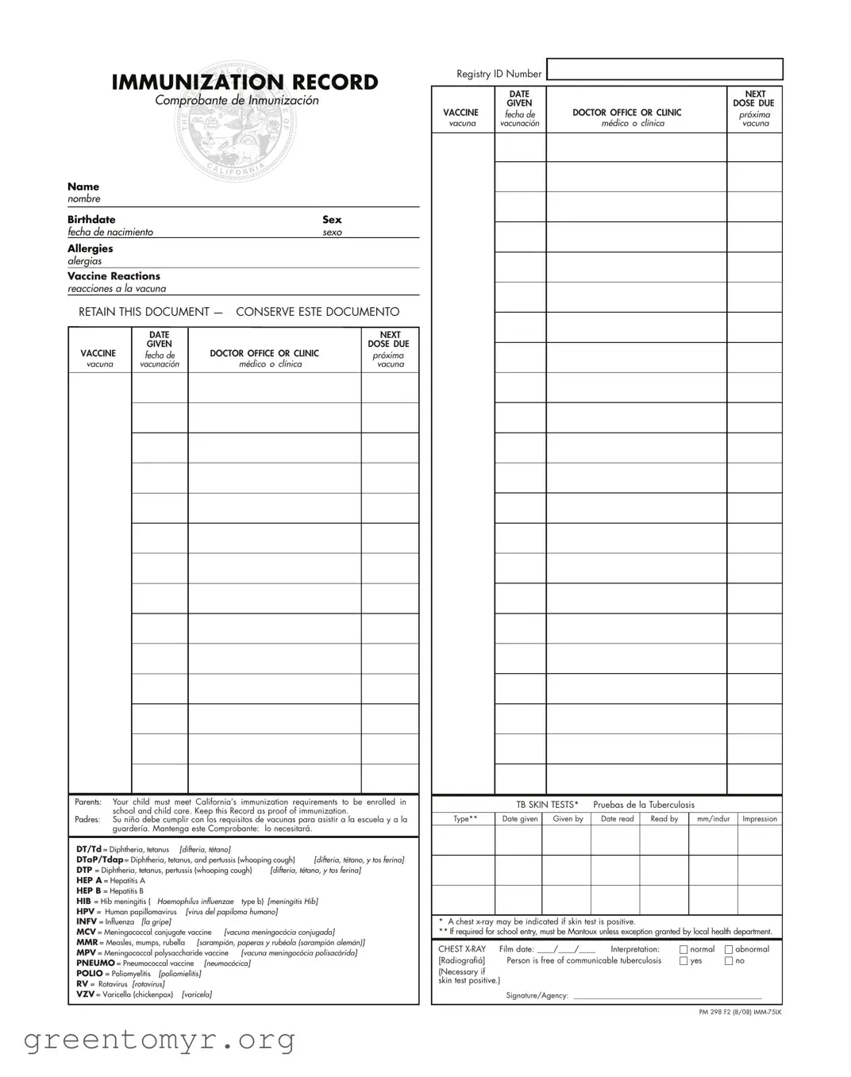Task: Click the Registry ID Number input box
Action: point(664,70)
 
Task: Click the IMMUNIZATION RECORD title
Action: point(245,83)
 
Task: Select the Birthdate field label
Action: point(91,220)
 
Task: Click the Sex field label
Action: point(332,220)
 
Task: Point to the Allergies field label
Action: point(90,248)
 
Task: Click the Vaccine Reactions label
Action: point(114,276)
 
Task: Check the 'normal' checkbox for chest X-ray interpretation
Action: point(683,949)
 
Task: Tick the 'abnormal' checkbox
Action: point(729,949)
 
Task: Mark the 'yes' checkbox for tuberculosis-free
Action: point(683,961)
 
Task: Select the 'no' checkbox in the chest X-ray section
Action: point(729,961)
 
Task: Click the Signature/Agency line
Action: point(667,995)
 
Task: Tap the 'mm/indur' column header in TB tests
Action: point(713,819)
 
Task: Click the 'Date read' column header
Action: point(617,819)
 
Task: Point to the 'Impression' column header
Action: point(760,819)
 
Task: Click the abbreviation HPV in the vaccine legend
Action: point(86,912)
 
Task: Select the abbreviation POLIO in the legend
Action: point(90,974)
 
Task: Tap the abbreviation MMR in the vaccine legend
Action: point(87,943)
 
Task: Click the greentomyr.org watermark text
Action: point(160,1040)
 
